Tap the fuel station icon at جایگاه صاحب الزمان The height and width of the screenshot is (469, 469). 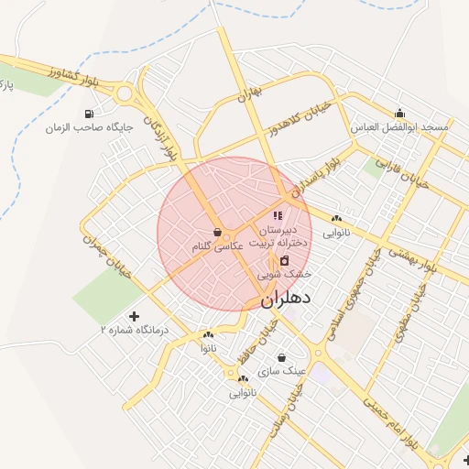(88, 115)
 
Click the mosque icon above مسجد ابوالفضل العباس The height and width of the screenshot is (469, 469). (400, 114)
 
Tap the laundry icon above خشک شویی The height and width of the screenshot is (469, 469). (284, 260)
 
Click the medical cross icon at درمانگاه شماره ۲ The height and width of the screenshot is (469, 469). (136, 315)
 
